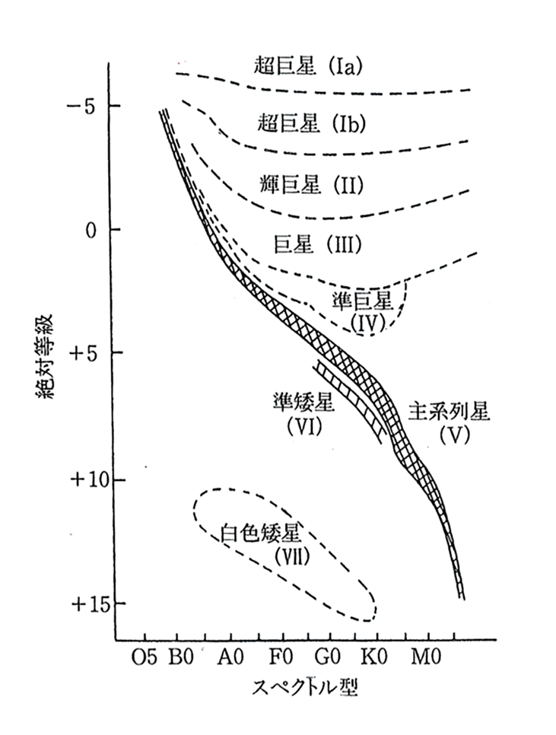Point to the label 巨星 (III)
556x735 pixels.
(x=315, y=245)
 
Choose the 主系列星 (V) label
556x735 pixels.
(x=450, y=422)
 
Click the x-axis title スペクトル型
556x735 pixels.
(x=303, y=688)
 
